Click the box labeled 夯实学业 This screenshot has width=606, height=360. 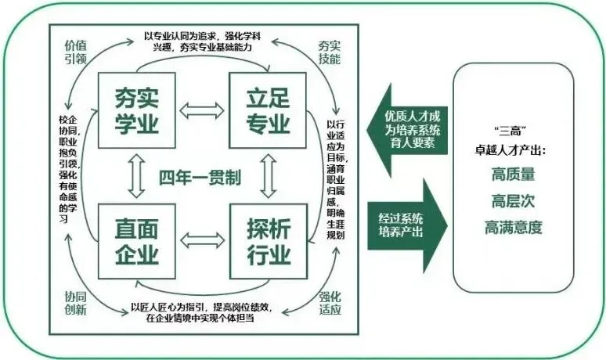click(x=137, y=110)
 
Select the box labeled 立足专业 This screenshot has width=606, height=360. click(x=268, y=110)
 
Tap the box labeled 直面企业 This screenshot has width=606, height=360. click(x=137, y=241)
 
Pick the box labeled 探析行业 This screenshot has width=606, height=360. click(x=269, y=241)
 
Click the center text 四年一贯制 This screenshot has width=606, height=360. click(x=200, y=178)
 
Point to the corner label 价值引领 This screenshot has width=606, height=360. click(x=75, y=52)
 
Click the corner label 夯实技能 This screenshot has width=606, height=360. click(x=330, y=52)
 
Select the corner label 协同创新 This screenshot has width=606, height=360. click(x=75, y=303)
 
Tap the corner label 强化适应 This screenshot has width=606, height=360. click(x=330, y=303)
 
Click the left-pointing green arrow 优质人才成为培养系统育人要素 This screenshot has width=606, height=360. click(x=408, y=130)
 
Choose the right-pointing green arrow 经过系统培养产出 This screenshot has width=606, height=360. click(x=407, y=225)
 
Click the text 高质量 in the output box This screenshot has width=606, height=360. click(x=514, y=175)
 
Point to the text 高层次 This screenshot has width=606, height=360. click(x=514, y=201)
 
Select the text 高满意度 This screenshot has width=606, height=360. click(x=514, y=228)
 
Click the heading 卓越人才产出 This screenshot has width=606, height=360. click(x=510, y=150)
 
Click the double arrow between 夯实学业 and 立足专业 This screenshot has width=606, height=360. click(x=202, y=110)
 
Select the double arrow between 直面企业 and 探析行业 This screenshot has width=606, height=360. click(x=203, y=240)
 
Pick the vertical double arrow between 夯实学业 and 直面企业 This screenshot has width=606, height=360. click(x=136, y=176)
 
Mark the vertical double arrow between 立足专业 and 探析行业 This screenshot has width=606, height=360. click(x=269, y=176)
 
